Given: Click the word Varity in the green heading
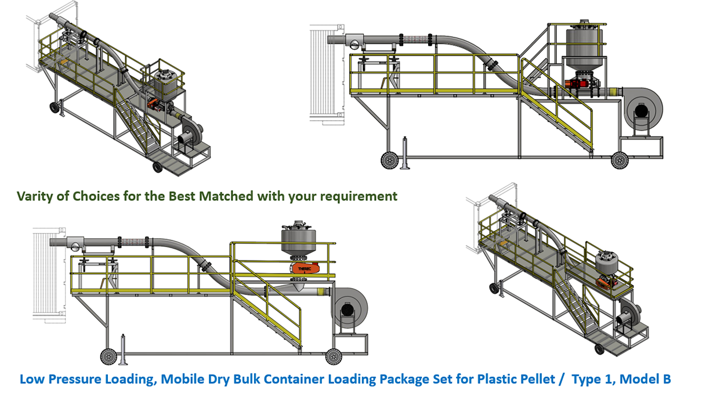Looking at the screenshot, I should point(35,196).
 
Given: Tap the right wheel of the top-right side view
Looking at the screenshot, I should point(620,160).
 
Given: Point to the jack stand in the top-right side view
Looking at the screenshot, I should point(405,153).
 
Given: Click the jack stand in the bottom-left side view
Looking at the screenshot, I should point(123,350).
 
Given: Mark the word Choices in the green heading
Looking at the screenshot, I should point(96,196).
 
